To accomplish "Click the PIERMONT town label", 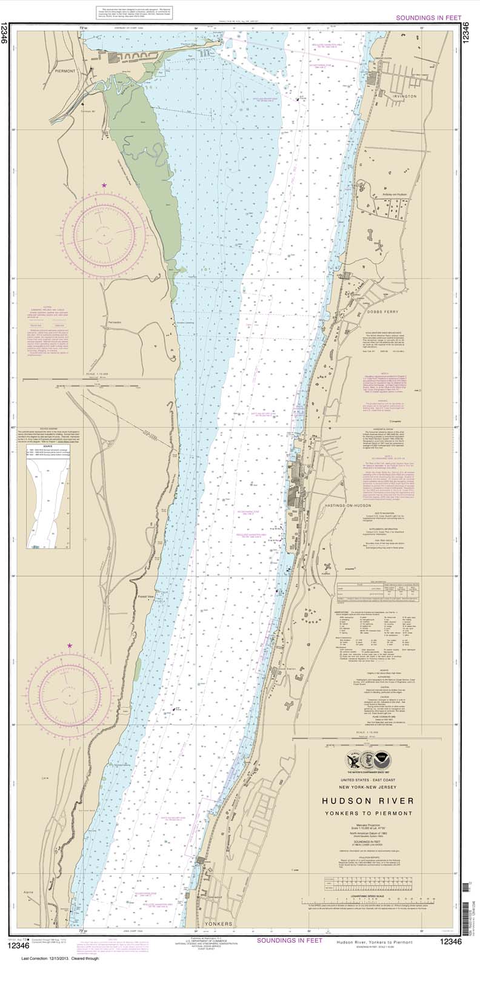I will coord(64,71).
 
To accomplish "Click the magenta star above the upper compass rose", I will coord(104,185).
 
